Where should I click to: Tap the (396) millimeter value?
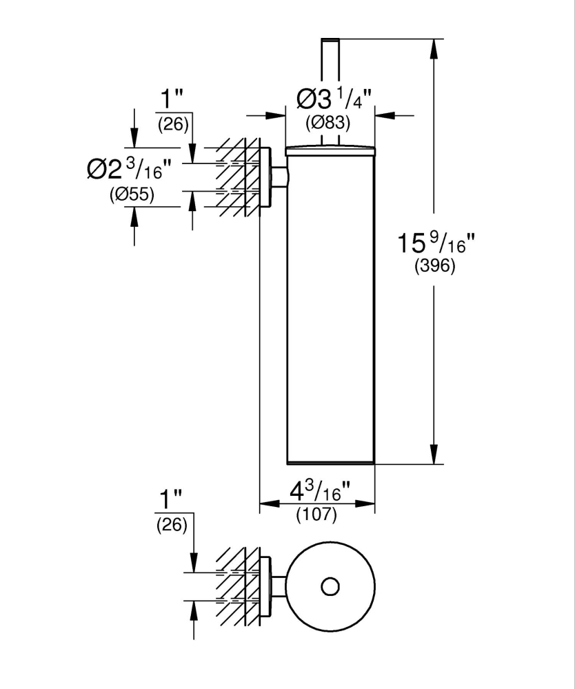coord(435,268)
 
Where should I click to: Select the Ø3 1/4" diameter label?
coord(334,101)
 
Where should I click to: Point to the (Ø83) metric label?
coord(329,123)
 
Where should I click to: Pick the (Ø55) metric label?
coord(132,195)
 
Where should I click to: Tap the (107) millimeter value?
coord(316,514)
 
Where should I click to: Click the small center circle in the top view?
coord(330,587)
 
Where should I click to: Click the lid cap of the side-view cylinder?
coord(330,148)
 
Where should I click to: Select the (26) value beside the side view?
coord(172,125)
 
